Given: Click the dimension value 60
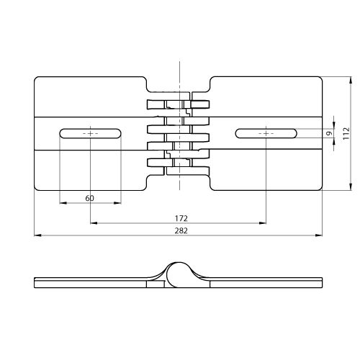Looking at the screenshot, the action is [x=89, y=198].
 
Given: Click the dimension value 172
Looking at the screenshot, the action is [x=181, y=218].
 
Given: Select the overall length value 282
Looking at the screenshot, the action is [x=181, y=230].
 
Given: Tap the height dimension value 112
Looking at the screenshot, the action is [x=346, y=133].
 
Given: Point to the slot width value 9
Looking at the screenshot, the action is [x=330, y=133].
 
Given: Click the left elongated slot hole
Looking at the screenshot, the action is [x=90, y=133].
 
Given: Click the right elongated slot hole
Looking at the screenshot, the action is [x=266, y=133].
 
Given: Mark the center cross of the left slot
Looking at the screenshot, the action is [x=90, y=133].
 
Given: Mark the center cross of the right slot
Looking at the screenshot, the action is [x=266, y=133].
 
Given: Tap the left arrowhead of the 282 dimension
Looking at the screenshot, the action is [x=37, y=235].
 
